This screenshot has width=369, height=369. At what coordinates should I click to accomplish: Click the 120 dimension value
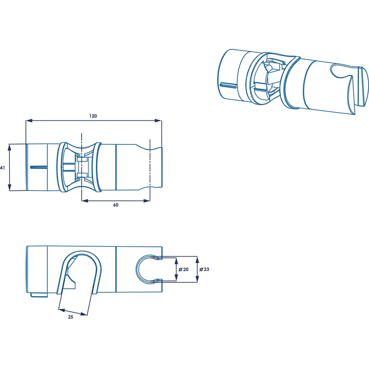(x=93, y=103)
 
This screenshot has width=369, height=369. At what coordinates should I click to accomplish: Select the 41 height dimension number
(x=3, y=168)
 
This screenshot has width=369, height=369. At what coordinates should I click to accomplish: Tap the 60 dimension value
(x=115, y=205)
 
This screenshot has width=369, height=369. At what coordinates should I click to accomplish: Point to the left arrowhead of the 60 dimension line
(x=84, y=200)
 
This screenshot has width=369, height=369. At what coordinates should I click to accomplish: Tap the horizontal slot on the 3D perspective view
(x=228, y=84)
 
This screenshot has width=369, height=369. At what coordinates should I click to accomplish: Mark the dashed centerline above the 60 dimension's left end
(x=81, y=138)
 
